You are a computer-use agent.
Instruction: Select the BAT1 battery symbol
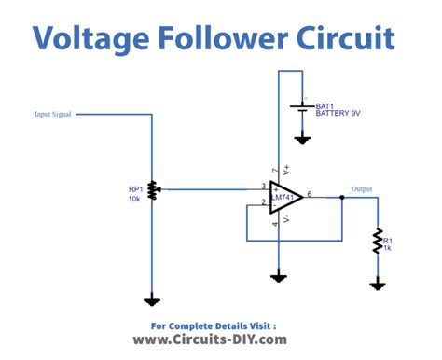(x=302, y=109)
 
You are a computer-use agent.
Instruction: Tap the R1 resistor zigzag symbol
(x=377, y=241)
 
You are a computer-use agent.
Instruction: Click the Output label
(x=361, y=189)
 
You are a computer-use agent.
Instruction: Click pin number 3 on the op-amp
(x=264, y=186)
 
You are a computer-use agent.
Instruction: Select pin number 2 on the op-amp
(x=264, y=201)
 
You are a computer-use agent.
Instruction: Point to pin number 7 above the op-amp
(x=274, y=171)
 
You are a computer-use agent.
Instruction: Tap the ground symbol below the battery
(x=302, y=139)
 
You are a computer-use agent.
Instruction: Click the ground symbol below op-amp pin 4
(x=278, y=276)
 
